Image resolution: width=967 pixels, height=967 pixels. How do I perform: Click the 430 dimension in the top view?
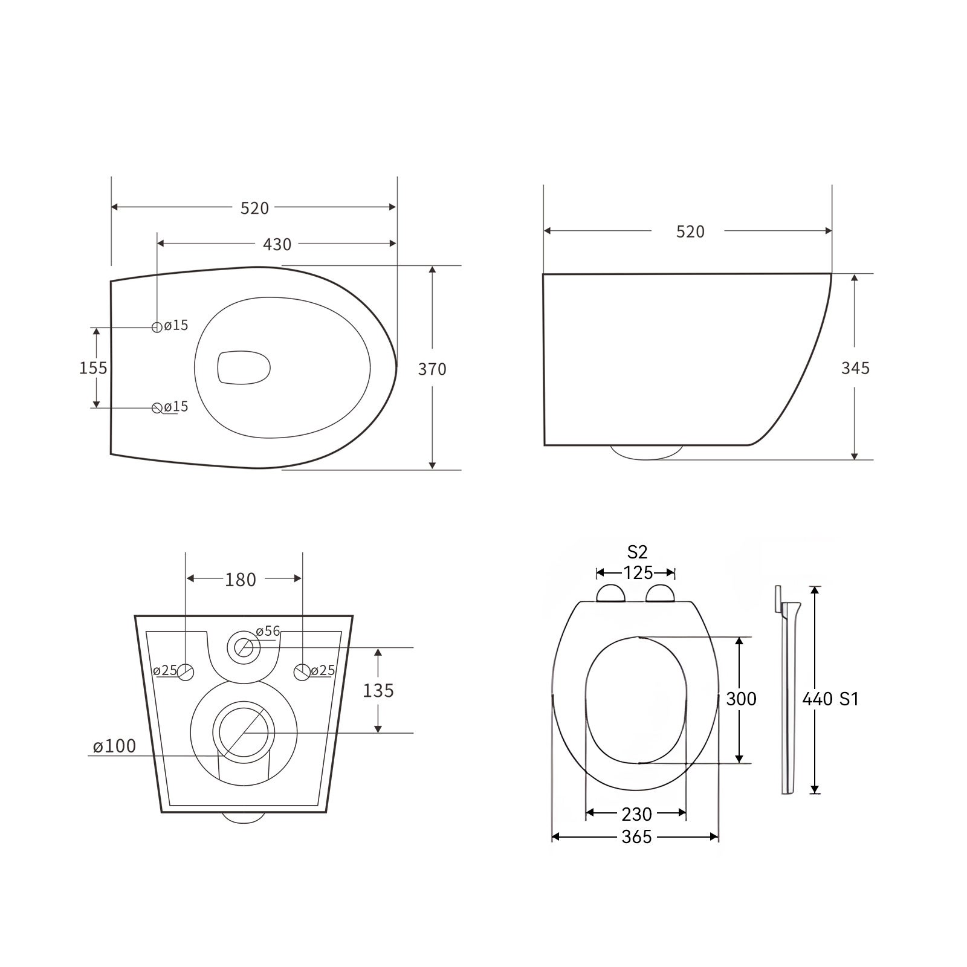click(x=277, y=244)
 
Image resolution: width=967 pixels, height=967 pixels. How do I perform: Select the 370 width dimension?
click(x=432, y=369)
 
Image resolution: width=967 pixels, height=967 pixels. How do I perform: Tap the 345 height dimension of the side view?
click(x=855, y=367)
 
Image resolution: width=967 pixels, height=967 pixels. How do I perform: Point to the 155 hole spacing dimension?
click(x=93, y=367)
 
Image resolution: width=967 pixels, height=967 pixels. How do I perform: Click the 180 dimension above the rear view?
click(x=241, y=580)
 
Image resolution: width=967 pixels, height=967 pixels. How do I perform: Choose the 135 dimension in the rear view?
click(x=378, y=690)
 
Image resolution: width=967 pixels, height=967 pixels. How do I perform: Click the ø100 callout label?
click(x=114, y=746)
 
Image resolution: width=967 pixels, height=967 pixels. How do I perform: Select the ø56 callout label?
click(x=268, y=631)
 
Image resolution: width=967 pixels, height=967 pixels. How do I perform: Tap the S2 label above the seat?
click(x=637, y=551)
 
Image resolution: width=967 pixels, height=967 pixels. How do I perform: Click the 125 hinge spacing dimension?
click(x=638, y=572)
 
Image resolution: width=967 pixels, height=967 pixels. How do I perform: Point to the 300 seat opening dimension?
click(x=741, y=699)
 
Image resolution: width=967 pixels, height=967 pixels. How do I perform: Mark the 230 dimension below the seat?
click(x=636, y=814)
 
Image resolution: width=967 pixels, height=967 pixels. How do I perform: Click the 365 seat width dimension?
click(x=636, y=837)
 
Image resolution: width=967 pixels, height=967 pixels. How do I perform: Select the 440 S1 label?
click(x=830, y=699)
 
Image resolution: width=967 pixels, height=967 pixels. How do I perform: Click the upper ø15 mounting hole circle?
click(x=157, y=327)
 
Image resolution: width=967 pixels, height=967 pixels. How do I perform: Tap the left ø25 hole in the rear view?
click(x=186, y=671)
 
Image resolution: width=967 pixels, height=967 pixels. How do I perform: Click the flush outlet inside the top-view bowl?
click(x=243, y=367)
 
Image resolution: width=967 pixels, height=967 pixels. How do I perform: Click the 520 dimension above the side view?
click(x=690, y=231)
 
